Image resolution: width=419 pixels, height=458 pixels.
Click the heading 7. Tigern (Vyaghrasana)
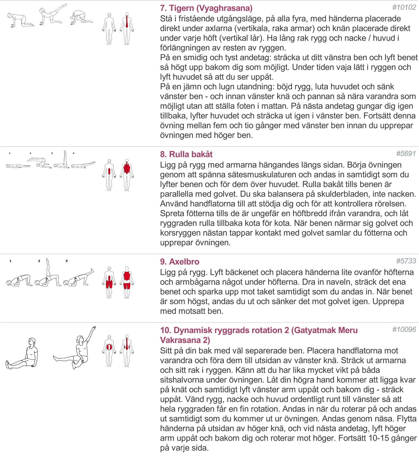[x=206, y=8]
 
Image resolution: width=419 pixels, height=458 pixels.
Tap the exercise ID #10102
[x=404, y=8]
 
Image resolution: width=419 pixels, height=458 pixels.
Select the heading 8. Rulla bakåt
[x=186, y=154]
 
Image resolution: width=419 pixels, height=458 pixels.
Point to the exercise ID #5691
[x=406, y=154]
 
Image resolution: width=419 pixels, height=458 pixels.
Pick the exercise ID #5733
[x=406, y=261]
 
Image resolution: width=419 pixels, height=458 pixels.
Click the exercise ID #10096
[x=404, y=330]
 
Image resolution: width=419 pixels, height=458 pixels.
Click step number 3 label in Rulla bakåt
[x=52, y=153]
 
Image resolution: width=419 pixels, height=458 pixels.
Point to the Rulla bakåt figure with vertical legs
[x=61, y=161]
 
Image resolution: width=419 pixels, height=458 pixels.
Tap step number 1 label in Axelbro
[x=11, y=261]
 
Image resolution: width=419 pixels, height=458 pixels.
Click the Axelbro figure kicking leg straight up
[x=47, y=274]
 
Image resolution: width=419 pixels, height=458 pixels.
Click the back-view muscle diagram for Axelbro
[x=127, y=282]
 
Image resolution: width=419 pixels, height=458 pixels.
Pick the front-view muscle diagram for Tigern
[x=109, y=28]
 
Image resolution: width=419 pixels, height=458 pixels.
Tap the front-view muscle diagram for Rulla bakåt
[x=109, y=175]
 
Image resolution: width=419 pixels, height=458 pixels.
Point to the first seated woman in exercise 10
[x=24, y=353]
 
